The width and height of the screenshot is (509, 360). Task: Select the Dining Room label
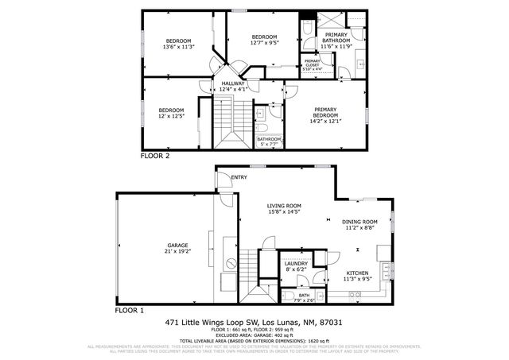(x=359, y=222)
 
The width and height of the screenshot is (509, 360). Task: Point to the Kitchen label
(x=356, y=273)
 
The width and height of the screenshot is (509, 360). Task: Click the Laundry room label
(x=296, y=264)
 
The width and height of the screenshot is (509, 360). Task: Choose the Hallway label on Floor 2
(x=233, y=83)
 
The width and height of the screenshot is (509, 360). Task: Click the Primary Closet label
(x=312, y=62)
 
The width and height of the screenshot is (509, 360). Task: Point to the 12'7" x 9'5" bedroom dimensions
(x=264, y=44)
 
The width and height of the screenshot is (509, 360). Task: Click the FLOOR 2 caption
(x=155, y=157)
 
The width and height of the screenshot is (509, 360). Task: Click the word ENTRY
(x=239, y=176)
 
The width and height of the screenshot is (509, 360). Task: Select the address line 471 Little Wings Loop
(x=254, y=323)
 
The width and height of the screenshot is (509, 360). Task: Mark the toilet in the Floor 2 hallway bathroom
(x=262, y=126)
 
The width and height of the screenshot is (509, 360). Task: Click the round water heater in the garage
(x=231, y=262)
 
